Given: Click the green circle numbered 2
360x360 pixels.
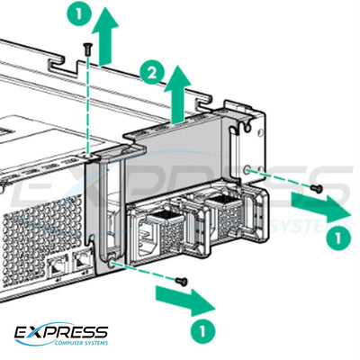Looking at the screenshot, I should (x=152, y=70).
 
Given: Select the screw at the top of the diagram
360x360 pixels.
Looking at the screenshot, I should (x=87, y=47).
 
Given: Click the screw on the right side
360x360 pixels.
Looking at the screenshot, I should (x=316, y=187).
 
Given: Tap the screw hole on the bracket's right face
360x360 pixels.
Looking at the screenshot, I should (x=247, y=168).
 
